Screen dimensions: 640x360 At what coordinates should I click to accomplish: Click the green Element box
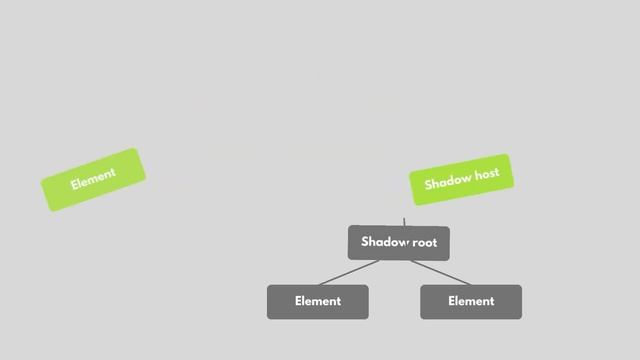93,180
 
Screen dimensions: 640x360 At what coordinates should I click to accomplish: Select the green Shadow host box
461,180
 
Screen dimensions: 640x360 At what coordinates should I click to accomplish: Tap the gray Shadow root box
399,242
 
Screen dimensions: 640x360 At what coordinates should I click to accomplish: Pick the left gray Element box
317,301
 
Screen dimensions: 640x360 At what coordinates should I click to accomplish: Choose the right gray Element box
470,301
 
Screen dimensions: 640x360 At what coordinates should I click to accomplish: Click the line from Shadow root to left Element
349,273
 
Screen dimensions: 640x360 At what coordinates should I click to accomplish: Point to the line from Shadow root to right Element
440,272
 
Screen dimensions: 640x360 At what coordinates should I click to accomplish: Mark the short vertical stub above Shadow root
404,222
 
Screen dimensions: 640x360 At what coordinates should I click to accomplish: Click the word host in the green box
487,176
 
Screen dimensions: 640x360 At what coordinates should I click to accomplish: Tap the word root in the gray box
425,242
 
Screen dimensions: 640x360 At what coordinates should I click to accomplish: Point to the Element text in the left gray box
317,301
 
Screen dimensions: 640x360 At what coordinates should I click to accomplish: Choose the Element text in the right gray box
470,301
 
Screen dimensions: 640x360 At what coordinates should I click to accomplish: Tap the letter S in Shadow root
365,242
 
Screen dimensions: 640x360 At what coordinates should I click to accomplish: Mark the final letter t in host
497,174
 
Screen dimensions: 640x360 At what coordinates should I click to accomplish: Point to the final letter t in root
435,242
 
